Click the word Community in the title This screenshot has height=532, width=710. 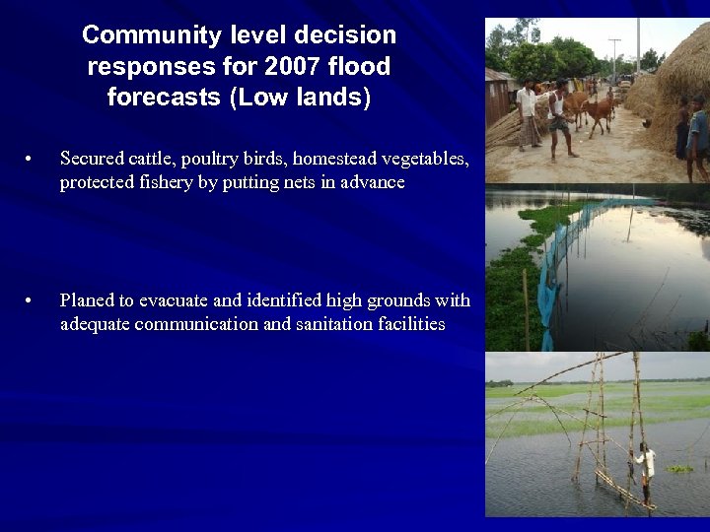(139, 35)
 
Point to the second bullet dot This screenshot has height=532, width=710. (33, 300)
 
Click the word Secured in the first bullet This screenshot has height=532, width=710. (92, 159)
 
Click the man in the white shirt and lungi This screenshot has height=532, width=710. (529, 114)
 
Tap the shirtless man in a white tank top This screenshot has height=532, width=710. (560, 118)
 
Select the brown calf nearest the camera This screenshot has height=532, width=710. (599, 115)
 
